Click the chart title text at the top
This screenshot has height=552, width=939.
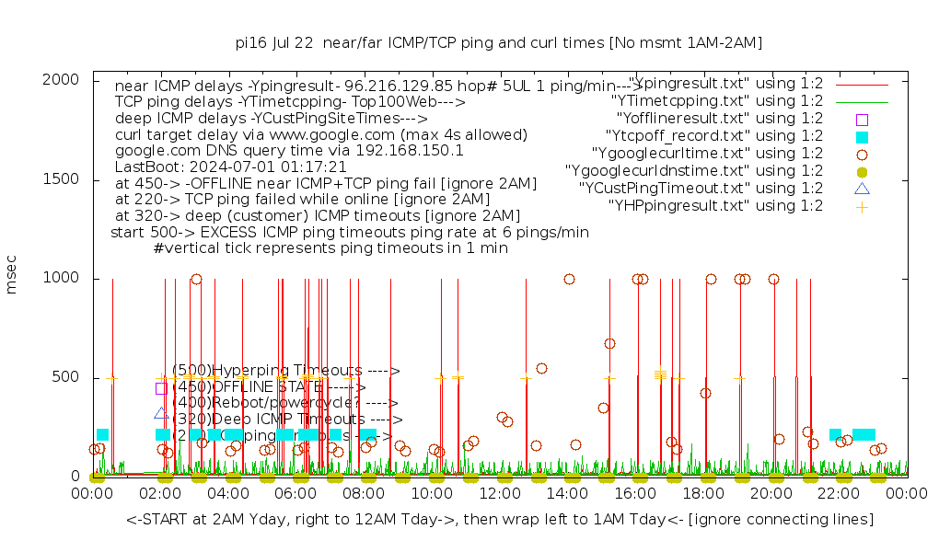(x=499, y=42)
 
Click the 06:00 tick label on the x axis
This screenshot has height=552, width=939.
(x=296, y=494)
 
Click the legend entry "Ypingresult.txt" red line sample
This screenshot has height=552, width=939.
(x=862, y=84)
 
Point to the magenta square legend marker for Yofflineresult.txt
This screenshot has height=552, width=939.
(x=862, y=119)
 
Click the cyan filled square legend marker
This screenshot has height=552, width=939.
(x=862, y=136)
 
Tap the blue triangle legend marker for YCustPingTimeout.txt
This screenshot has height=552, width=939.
(x=862, y=189)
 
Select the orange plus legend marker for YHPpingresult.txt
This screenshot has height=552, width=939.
(x=862, y=206)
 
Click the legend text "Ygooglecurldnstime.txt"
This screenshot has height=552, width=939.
(x=694, y=171)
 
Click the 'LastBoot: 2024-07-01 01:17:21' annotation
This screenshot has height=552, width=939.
(x=231, y=167)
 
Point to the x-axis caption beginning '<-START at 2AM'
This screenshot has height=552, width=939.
(x=500, y=520)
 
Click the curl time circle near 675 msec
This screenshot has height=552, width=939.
(x=609, y=343)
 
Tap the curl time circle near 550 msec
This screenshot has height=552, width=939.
(x=541, y=368)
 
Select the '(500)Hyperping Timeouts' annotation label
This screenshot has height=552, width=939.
(x=285, y=371)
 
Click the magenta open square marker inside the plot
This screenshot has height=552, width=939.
(x=161, y=388)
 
